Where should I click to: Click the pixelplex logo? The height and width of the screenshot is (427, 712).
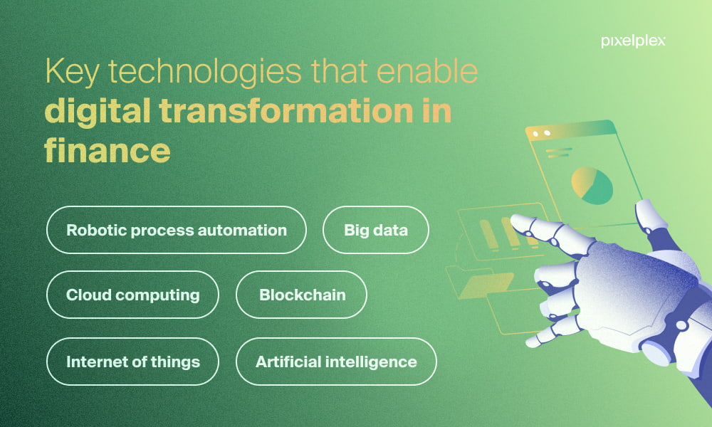pyautogui.click(x=633, y=41)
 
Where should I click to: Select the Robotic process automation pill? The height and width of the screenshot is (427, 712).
pyautogui.click(x=176, y=230)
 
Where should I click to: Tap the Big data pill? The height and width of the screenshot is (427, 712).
pyautogui.click(x=375, y=230)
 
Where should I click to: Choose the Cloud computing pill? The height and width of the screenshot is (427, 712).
pyautogui.click(x=132, y=295)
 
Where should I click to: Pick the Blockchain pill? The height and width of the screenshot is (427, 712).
pyautogui.click(x=301, y=295)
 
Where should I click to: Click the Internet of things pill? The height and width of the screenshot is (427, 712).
pyautogui.click(x=132, y=362)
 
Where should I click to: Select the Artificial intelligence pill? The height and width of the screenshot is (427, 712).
pyautogui.click(x=336, y=362)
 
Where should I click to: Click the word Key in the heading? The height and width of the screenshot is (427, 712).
pyautogui.click(x=72, y=72)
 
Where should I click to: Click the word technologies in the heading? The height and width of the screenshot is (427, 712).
pyautogui.click(x=204, y=73)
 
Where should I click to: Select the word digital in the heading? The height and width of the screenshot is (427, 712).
pyautogui.click(x=97, y=112)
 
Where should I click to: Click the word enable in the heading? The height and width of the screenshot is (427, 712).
pyautogui.click(x=427, y=71)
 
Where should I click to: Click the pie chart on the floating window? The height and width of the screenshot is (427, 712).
pyautogui.click(x=592, y=186)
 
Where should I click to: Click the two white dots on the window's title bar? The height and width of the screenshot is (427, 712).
pyautogui.click(x=541, y=133)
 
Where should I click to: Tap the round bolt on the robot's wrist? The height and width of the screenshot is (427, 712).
pyautogui.click(x=681, y=325)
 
